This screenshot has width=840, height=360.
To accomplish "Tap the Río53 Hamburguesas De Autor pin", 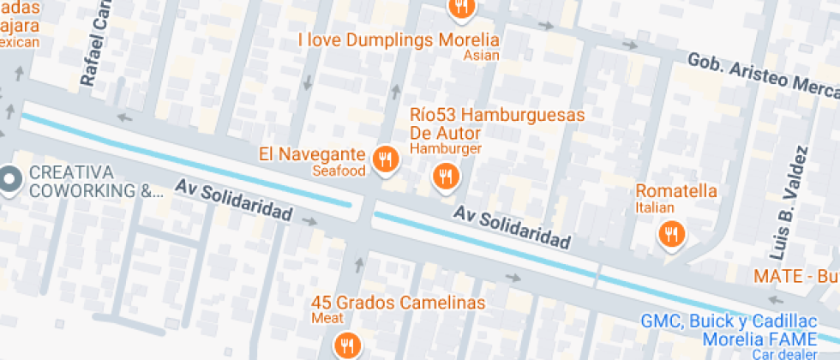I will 446,177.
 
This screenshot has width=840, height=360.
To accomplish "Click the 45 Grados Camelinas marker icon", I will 347,345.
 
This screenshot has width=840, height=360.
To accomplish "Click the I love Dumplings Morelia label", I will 399,39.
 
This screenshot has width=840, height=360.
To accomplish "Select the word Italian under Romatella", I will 655,207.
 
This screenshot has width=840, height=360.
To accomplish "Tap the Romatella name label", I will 675,191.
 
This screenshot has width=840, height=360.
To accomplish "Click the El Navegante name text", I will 313,154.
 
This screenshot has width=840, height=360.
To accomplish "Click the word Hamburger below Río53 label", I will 446,148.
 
